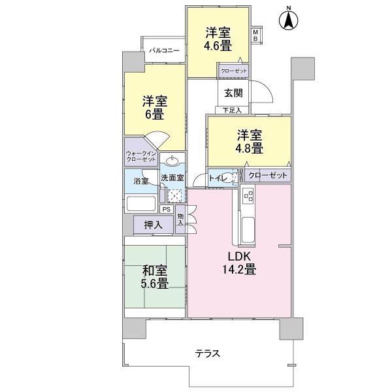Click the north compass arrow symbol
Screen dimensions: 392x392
pyautogui.click(x=287, y=20)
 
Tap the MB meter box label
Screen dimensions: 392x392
pyautogui.click(x=255, y=35)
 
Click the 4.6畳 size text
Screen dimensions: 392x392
pyautogui.click(x=218, y=46)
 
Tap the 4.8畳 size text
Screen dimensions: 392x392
pyautogui.click(x=249, y=148)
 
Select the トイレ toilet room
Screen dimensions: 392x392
pyautogui.click(x=218, y=176)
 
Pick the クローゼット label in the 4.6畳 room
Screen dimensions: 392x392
pyautogui.click(x=233, y=70)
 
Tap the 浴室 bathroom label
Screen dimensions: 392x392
pyautogui.click(x=140, y=181)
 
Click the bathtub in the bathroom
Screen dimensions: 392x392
pyautogui.click(x=142, y=203)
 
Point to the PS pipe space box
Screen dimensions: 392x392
pyautogui.click(x=167, y=210)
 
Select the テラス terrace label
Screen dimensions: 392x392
pyautogui.click(x=207, y=353)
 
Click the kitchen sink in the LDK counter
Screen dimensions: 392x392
pyautogui.click(x=249, y=229)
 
